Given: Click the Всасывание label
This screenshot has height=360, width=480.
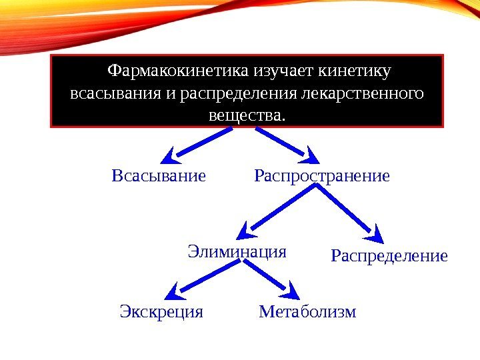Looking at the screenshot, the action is pyautogui.click(x=159, y=177).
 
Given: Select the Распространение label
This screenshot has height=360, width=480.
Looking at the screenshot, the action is pyautogui.click(x=321, y=177).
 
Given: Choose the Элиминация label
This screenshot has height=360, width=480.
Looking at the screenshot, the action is pyautogui.click(x=237, y=252).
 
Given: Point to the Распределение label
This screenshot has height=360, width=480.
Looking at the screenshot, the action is pyautogui.click(x=389, y=256).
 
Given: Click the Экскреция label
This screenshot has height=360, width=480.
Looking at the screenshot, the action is pyautogui.click(x=161, y=311).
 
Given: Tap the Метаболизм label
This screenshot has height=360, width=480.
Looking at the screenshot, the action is pyautogui.click(x=307, y=311).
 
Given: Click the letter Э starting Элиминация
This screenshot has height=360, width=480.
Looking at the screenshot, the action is pyautogui.click(x=193, y=252).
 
